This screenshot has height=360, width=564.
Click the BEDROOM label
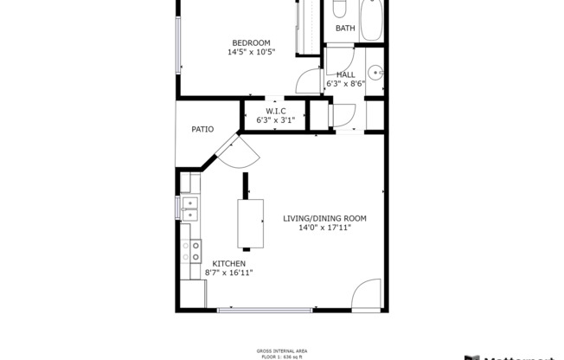(x=251, y=43)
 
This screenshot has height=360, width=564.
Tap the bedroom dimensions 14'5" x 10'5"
(x=251, y=53)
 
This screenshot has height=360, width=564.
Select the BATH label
(x=345, y=29)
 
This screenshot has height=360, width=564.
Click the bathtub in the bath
(x=372, y=19)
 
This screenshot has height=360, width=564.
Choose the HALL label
(x=346, y=75)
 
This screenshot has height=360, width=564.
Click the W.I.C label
(x=275, y=111)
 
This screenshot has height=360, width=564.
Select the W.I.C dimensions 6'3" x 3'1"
(x=275, y=120)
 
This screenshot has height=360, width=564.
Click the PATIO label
(x=202, y=129)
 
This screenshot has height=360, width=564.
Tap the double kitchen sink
(x=189, y=208)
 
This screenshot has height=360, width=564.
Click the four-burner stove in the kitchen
(x=190, y=251)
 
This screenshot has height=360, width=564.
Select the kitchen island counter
(x=250, y=222)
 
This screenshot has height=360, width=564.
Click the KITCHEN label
(x=228, y=263)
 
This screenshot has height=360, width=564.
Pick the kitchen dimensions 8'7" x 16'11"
(x=228, y=273)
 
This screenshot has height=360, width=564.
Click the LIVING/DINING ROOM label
(x=324, y=218)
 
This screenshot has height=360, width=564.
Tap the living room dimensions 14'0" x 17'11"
(x=324, y=228)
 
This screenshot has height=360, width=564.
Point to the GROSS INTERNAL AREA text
(x=282, y=350)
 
